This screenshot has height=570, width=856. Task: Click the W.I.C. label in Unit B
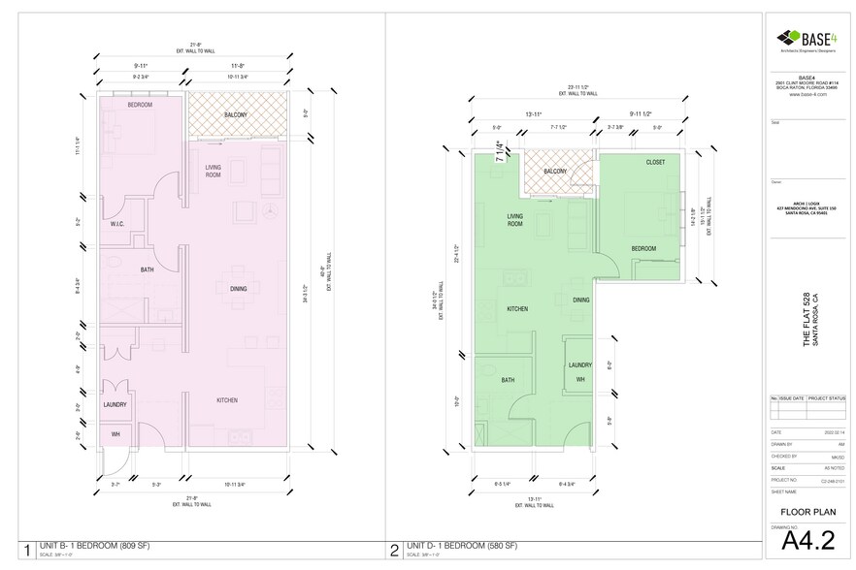pyautogui.click(x=117, y=223)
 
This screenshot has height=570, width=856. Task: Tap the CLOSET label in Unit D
pyautogui.click(x=655, y=163)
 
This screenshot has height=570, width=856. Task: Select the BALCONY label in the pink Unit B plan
pyautogui.click(x=235, y=115)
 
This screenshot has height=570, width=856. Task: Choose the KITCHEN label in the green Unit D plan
pyautogui.click(x=517, y=308)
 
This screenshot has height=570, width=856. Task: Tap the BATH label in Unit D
pyautogui.click(x=508, y=380)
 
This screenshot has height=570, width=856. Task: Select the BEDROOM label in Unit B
pyautogui.click(x=140, y=104)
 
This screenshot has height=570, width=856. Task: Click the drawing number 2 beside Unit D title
pyautogui.click(x=394, y=552)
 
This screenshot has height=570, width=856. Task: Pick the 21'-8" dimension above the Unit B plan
pyautogui.click(x=196, y=46)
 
